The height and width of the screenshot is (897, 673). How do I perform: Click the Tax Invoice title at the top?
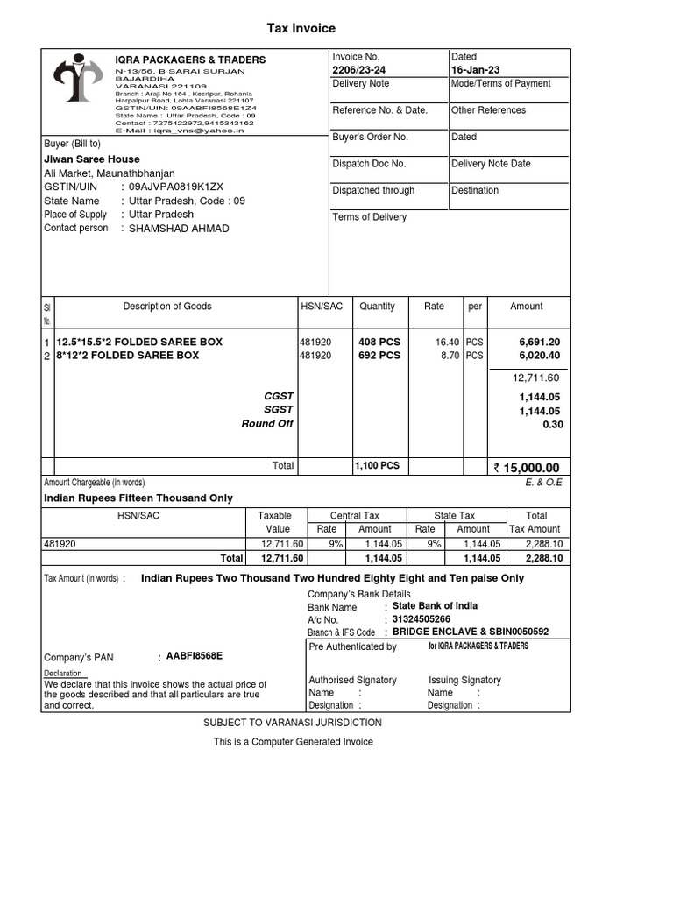[x=301, y=29]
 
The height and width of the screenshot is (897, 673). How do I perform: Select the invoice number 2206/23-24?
[x=358, y=70]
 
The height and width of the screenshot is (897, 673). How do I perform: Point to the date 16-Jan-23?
[x=476, y=70]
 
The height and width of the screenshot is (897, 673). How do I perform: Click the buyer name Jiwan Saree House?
[x=92, y=159]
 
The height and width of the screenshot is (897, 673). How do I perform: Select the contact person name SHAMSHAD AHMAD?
[x=179, y=229]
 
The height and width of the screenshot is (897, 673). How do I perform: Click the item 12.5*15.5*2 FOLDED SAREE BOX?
[x=139, y=342]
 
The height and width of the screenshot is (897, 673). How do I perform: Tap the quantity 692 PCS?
[x=379, y=356]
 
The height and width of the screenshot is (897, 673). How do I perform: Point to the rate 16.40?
[x=448, y=342]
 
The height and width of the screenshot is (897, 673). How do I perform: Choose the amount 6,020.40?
[x=539, y=356]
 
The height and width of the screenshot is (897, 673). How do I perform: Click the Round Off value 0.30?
[x=552, y=424]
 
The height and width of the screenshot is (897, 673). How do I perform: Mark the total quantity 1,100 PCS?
[x=377, y=466]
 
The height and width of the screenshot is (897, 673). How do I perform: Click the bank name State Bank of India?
[x=435, y=606]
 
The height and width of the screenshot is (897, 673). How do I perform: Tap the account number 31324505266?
[x=422, y=619]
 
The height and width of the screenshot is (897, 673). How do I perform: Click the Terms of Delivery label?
[x=369, y=217]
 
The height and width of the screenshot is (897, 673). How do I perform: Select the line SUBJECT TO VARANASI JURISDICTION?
[x=293, y=723]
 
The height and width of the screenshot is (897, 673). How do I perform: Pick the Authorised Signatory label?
[x=352, y=680]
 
